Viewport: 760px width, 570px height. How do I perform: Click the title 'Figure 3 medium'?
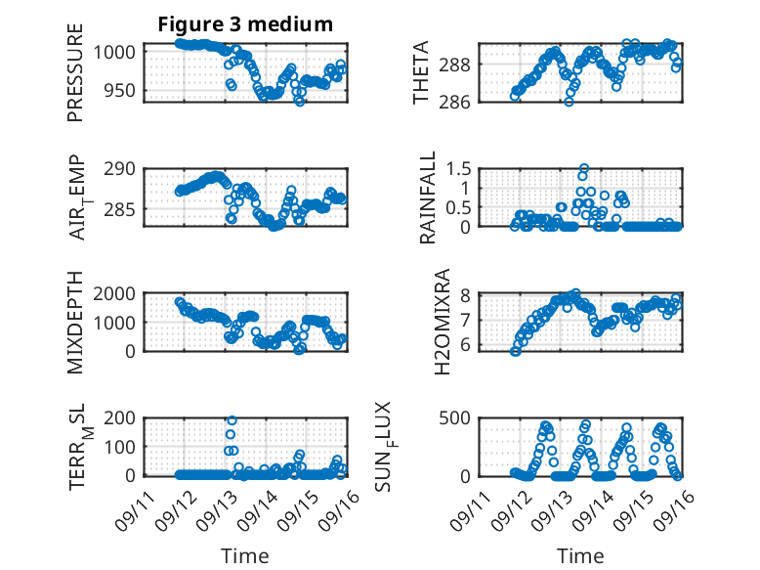tap(245, 24)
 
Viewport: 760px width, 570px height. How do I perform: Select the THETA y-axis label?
tap(421, 73)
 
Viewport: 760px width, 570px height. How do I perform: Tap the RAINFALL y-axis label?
tap(428, 197)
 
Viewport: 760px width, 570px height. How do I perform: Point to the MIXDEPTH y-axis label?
tap(76, 322)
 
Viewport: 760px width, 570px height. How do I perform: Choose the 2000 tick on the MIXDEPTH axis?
tap(115, 293)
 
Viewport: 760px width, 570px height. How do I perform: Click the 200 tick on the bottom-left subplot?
tap(120, 417)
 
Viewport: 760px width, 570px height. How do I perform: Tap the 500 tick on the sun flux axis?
tap(459, 417)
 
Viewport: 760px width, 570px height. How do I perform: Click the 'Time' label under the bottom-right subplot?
tap(579, 555)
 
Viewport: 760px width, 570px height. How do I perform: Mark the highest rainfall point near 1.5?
tap(584, 169)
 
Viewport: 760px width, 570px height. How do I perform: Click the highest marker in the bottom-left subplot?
tap(231, 421)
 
